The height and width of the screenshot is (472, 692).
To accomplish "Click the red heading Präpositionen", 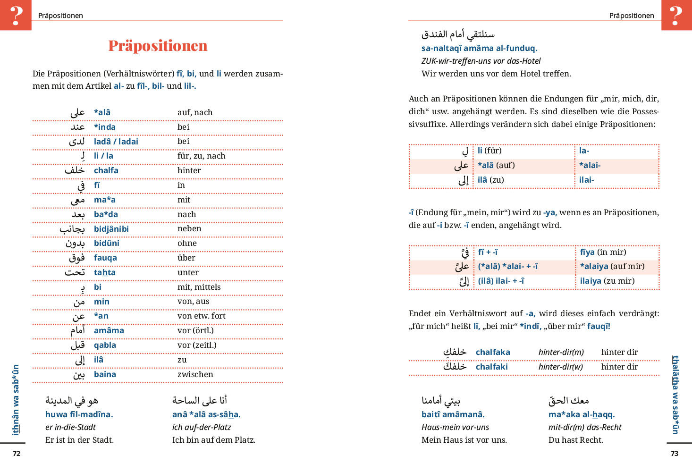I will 158,46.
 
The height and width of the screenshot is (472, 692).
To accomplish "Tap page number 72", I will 17,454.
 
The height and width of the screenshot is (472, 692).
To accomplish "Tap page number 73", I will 675,454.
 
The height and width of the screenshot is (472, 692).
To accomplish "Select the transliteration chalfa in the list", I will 106,170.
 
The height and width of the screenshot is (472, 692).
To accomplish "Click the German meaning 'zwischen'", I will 195,374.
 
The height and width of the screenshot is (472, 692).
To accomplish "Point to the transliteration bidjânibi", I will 111,229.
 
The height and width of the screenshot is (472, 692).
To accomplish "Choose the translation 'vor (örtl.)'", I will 195,330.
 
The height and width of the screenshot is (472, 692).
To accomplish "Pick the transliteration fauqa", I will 105,258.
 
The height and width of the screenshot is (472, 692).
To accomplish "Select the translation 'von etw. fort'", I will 201,316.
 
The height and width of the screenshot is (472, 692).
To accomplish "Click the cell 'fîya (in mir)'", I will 603,252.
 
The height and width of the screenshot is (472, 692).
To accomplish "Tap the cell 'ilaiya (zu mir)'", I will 607,281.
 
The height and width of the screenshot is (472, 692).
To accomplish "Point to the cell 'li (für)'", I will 489,151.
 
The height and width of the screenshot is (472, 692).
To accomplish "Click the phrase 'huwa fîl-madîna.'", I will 79,414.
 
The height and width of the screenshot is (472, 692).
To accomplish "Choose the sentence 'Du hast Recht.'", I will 575,440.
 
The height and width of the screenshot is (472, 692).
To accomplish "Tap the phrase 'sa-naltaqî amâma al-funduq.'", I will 479,48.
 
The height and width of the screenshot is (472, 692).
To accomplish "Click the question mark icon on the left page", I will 16,15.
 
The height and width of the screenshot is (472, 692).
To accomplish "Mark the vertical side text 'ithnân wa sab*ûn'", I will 16,399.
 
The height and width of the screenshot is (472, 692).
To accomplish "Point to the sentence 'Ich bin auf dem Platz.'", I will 213,440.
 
